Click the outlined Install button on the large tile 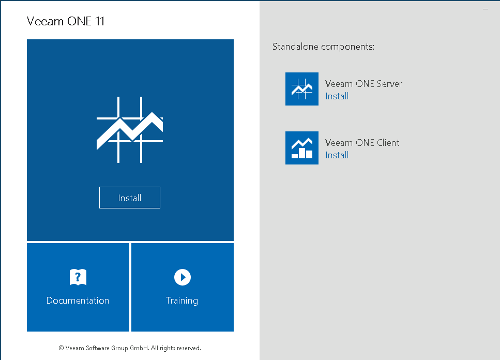[129, 198]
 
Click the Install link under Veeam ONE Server [337, 96]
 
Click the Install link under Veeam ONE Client [337, 155]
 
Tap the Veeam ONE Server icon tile [301, 89]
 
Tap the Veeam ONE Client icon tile [301, 148]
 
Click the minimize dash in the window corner [486, 9]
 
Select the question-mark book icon [78, 277]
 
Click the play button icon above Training [183, 277]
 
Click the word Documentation [78, 301]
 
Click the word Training [182, 301]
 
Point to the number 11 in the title [100, 21]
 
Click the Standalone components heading [323, 47]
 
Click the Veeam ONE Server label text [363, 84]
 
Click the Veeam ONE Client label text [362, 143]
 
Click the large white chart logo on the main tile [130, 130]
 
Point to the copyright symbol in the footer [61, 348]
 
